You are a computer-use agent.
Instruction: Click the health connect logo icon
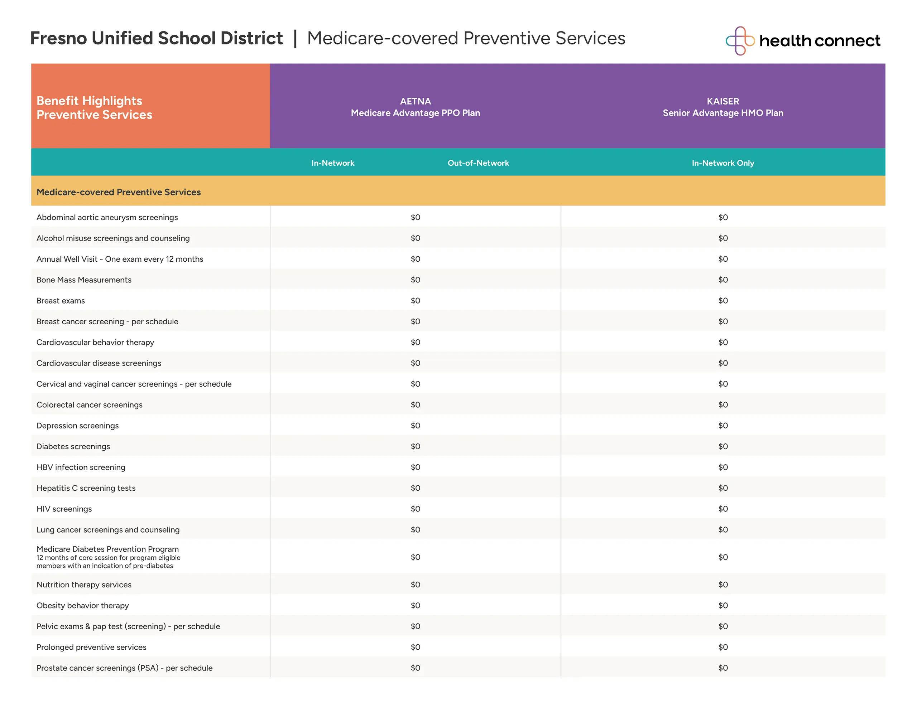740,41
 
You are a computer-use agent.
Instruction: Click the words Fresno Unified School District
156,38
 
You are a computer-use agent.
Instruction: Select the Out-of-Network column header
478,163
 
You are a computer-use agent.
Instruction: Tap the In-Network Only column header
722,163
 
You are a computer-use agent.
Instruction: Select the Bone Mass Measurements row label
84,280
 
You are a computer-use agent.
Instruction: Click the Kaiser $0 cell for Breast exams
722,301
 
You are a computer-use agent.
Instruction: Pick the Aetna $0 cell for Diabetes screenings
415,446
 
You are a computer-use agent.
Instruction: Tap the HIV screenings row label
64,509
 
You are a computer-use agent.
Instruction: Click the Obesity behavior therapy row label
83,605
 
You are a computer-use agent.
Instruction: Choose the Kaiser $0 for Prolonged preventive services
722,647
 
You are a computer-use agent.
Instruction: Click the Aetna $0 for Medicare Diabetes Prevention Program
415,557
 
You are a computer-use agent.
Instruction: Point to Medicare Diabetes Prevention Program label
107,549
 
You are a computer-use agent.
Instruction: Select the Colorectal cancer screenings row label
90,404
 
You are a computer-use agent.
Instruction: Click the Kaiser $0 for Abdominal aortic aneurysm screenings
722,217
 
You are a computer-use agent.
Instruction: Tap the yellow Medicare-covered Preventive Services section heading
119,192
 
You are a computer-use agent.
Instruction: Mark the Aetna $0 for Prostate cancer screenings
415,668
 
